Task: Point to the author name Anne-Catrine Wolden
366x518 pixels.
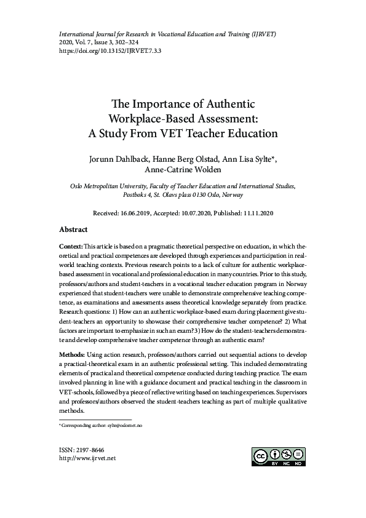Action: coord(183,170)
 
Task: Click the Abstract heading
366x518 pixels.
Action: coord(73,229)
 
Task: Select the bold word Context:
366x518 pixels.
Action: coord(73,245)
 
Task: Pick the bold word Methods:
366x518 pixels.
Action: coord(74,355)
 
